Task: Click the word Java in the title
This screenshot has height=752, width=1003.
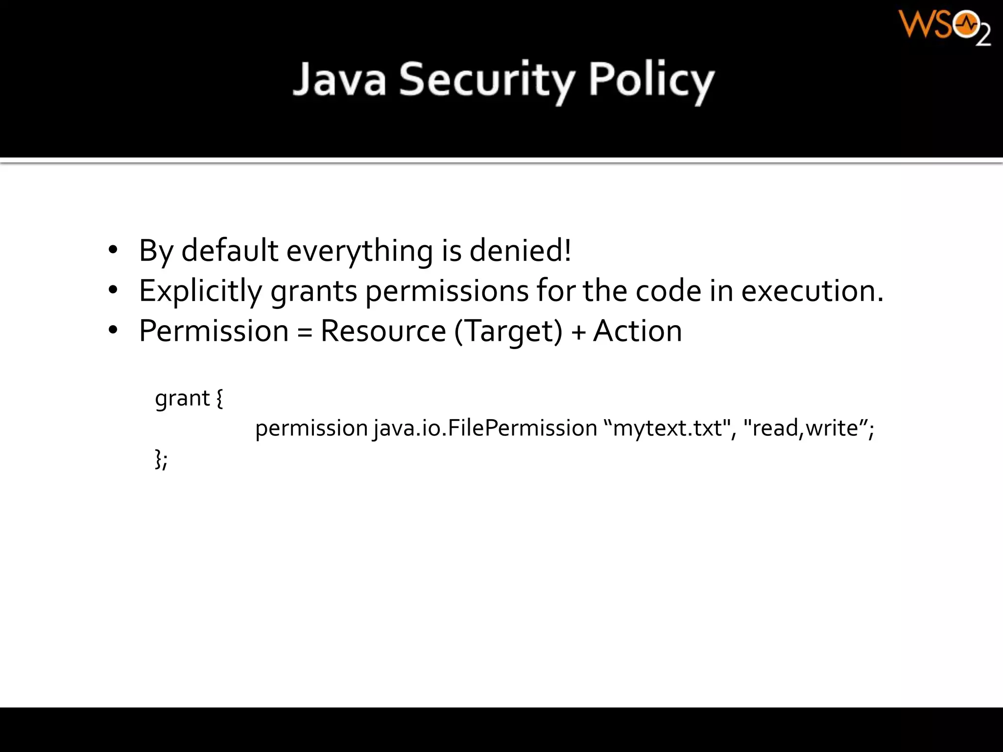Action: click(339, 80)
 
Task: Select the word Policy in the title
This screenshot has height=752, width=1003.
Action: click(651, 80)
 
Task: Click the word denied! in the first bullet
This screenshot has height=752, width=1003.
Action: click(520, 251)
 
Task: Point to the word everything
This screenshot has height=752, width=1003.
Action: click(359, 251)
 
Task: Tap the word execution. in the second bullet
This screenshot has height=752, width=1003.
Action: click(812, 291)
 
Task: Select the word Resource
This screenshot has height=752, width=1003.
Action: click(383, 331)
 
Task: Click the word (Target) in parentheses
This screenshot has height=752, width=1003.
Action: click(508, 331)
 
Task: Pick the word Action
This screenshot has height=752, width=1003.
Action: click(637, 331)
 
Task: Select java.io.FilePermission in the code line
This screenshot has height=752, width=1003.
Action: click(485, 428)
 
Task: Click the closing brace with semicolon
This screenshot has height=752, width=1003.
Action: click(161, 459)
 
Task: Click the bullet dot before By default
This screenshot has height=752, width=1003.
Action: click(113, 251)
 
